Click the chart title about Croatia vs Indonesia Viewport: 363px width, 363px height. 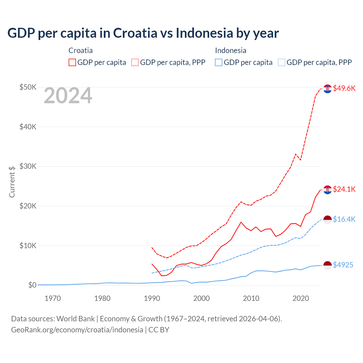click(143, 33)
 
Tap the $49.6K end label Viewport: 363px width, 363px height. click(344, 88)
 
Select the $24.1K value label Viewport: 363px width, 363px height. click(344, 189)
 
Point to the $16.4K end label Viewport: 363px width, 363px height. click(344, 219)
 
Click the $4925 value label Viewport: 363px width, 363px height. click(343, 265)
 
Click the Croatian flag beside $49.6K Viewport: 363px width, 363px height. click(328, 89)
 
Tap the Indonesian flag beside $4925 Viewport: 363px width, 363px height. click(328, 265)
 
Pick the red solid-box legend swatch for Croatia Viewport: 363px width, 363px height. click(72, 62)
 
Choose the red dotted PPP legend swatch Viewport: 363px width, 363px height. click(135, 62)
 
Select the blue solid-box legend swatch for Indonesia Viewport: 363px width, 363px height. click(219, 62)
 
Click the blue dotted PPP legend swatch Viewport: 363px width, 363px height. click(282, 62)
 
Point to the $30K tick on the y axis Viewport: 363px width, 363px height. click(28, 166)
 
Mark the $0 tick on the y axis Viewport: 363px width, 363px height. click(32, 285)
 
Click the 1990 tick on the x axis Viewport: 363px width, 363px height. click(152, 298)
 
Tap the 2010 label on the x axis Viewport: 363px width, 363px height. click(251, 298)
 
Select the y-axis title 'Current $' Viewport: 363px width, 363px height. click(12, 182)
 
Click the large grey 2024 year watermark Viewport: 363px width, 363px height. click(68, 96)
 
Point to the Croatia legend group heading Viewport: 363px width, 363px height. click(81, 50)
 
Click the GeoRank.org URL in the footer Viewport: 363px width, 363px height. click(77, 330)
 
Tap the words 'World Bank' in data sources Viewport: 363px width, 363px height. click(75, 319)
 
